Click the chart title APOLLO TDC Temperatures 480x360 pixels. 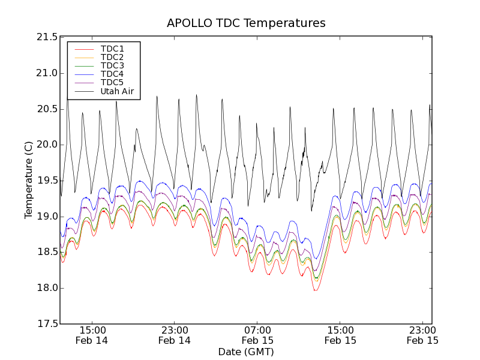tap(246, 23)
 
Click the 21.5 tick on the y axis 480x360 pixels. tap(46, 37)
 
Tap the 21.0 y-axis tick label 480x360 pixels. tap(46, 73)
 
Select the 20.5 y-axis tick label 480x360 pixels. tap(46, 109)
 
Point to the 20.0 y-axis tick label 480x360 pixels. tap(46, 145)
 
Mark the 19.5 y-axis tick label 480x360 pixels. tap(46, 181)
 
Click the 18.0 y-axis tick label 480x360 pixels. tap(46, 288)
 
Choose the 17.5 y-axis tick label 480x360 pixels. tap(46, 324)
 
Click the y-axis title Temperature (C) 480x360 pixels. tap(29, 180)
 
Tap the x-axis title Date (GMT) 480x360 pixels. tap(246, 352)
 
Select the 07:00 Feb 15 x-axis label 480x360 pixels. tap(257, 335)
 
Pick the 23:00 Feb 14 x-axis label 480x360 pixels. tap(175, 335)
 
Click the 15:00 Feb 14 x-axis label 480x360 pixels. tap(92, 335)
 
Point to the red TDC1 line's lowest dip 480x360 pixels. tap(316, 290)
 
